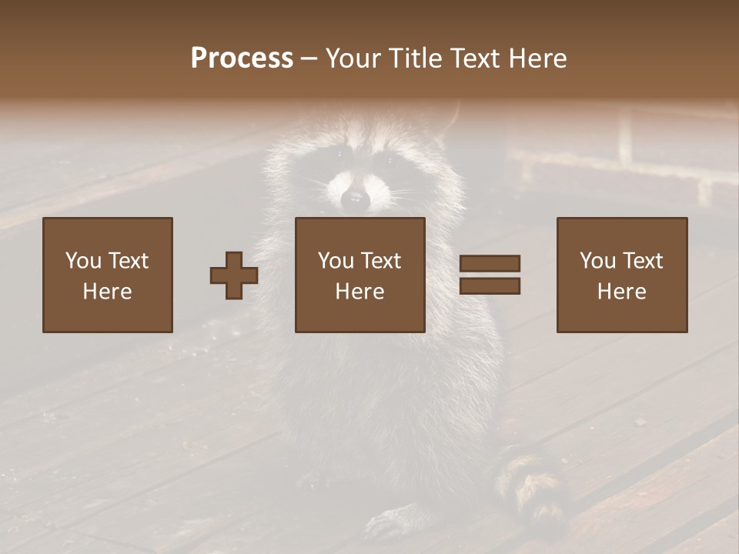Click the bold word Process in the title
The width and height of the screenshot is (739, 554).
pyautogui.click(x=242, y=58)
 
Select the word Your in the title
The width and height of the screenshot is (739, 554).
pyautogui.click(x=355, y=58)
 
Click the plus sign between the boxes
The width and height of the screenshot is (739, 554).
pyautogui.click(x=234, y=275)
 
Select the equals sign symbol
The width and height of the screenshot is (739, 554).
pyautogui.click(x=490, y=275)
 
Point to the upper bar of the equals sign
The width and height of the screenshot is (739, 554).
pyautogui.click(x=490, y=264)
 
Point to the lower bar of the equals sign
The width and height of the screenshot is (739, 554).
pyautogui.click(x=490, y=285)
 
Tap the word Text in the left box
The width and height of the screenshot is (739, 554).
pyautogui.click(x=128, y=261)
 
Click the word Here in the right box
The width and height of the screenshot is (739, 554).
pyautogui.click(x=621, y=292)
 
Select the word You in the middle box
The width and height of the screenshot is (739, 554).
pyautogui.click(x=336, y=261)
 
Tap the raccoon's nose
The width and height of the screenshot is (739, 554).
pyautogui.click(x=355, y=199)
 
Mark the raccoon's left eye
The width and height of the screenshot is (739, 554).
pyautogui.click(x=337, y=156)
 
